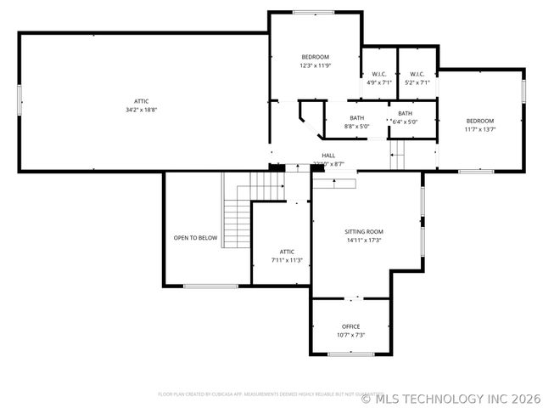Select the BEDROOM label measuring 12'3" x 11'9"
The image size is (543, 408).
point(315,57)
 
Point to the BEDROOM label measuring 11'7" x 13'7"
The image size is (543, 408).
point(479,121)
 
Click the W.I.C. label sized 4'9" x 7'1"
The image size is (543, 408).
point(379,74)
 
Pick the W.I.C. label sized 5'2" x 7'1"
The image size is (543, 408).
point(417,74)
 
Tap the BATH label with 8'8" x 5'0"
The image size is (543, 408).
point(356,118)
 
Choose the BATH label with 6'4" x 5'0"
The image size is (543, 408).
point(406,113)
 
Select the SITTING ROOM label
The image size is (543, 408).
point(364,231)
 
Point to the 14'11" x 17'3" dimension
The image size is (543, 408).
point(364,240)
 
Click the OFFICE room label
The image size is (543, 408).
point(350,326)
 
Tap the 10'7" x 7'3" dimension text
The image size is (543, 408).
point(350,335)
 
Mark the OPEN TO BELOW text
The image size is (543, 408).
point(196,238)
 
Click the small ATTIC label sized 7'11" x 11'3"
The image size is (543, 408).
point(287,252)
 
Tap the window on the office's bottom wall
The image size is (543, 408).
point(350,353)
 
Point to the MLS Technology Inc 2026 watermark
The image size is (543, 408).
point(450,397)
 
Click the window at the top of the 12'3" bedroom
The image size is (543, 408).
point(307,12)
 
